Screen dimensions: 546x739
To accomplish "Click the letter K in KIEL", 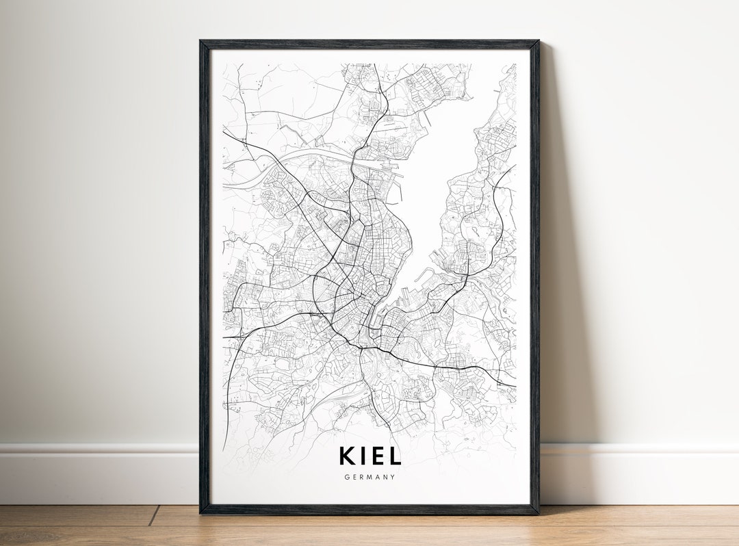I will (x=348, y=456).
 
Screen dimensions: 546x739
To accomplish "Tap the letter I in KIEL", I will (x=363, y=456).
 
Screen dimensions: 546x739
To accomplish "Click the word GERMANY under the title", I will (x=369, y=477).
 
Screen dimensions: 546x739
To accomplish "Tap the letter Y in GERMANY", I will (x=393, y=477).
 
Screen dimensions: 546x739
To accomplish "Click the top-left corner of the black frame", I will (x=201, y=42).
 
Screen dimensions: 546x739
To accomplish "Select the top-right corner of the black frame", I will (x=538, y=42).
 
